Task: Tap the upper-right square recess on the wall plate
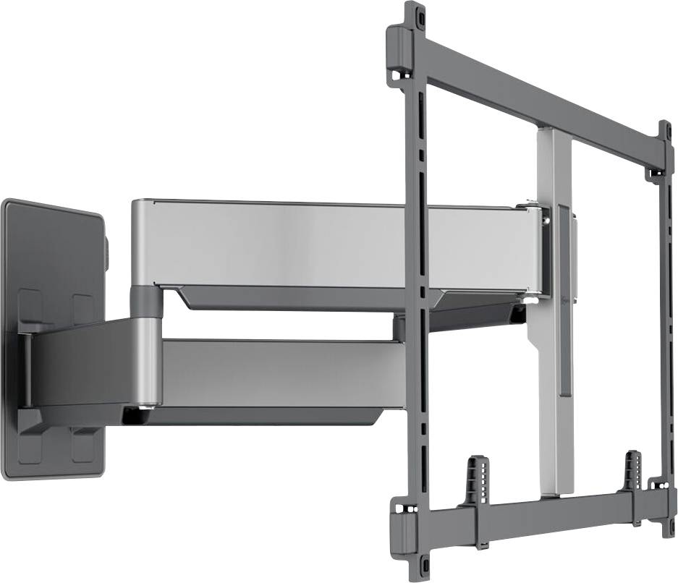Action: [x=83, y=307]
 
